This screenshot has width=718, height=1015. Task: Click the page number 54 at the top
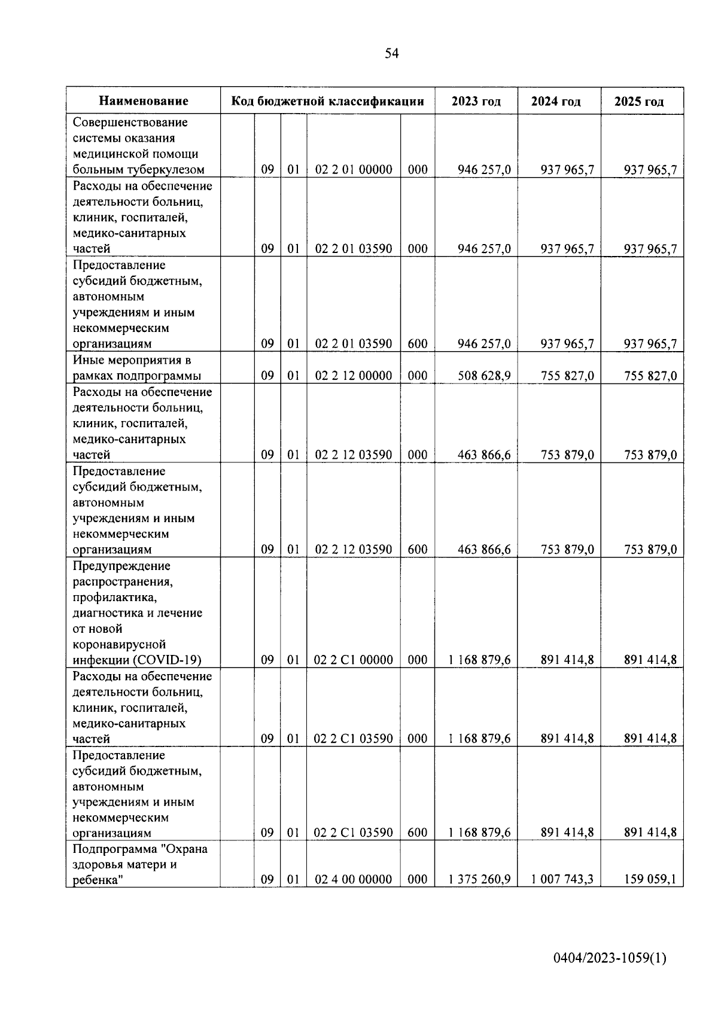[391, 54]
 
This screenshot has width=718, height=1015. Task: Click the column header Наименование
[143, 101]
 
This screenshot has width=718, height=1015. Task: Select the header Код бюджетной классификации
[327, 101]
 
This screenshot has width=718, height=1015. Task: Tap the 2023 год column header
[476, 101]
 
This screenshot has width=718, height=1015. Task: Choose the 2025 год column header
[638, 101]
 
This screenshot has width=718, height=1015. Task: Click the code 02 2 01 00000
[353, 170]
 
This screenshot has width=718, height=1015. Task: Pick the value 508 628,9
[484, 376]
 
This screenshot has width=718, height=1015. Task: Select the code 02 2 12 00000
[353, 376]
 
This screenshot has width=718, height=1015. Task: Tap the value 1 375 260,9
[479, 879]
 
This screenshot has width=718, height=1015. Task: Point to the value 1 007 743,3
[562, 879]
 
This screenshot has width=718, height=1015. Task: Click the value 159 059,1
[650, 879]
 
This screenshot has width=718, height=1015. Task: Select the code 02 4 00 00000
[353, 879]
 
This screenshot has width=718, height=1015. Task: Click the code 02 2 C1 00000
[353, 660]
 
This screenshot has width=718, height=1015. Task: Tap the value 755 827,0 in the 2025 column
[650, 376]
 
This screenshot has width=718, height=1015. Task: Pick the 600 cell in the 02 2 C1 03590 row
[418, 833]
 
